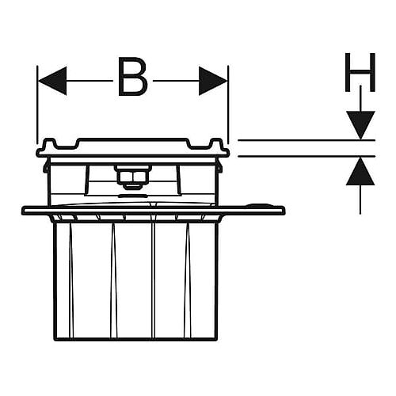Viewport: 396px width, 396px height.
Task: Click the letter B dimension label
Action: (133, 76)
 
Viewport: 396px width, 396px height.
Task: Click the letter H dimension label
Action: (360, 72)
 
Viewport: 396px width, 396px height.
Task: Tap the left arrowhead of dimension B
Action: (52, 81)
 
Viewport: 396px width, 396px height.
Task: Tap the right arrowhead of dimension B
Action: (213, 81)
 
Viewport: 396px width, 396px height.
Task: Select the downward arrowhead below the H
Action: (360, 125)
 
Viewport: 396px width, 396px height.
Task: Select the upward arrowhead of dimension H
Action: (360, 171)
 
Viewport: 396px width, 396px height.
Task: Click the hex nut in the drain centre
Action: (132, 177)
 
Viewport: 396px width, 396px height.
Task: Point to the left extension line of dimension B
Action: (37, 105)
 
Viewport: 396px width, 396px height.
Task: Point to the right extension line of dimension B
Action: (228, 105)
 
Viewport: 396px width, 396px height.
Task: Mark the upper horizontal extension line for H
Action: (307, 140)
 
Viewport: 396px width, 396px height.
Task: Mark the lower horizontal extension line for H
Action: (307, 156)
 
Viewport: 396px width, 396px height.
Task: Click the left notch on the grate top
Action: (66, 145)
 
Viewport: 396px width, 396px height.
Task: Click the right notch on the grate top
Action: (200, 145)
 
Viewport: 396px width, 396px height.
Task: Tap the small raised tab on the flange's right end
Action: (259, 205)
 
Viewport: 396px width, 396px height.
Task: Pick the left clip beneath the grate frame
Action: (46, 166)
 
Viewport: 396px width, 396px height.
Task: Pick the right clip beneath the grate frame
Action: (220, 166)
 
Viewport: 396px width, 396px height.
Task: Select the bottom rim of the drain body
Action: (135, 339)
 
